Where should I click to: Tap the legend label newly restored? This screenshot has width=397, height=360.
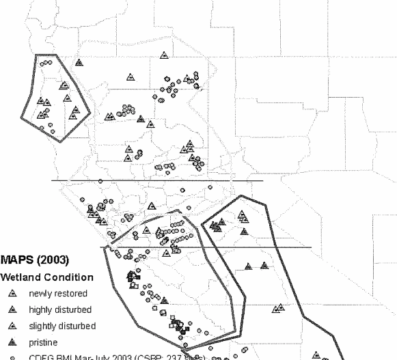point(57,294)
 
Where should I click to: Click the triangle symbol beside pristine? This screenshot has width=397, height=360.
point(13,341)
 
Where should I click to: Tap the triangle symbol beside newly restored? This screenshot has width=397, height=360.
point(13,294)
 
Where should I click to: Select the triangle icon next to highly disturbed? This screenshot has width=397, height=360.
point(13,309)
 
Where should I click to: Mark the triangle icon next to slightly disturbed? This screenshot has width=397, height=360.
point(13,325)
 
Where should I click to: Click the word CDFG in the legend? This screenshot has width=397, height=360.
point(39,355)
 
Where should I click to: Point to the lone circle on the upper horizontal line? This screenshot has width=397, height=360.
point(100,180)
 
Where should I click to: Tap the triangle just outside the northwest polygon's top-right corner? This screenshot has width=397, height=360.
point(79,62)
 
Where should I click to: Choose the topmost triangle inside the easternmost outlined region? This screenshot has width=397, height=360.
point(242,214)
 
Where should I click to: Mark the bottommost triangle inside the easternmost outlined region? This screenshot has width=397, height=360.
point(316,355)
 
